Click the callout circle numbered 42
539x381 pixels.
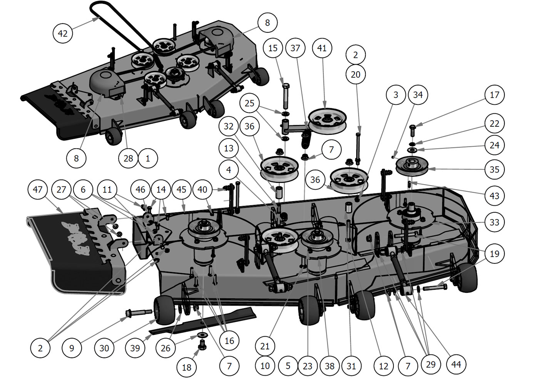[x=62, y=34]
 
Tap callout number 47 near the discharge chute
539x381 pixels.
[x=37, y=190]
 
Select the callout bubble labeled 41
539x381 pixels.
[x=322, y=48]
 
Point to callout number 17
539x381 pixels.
[x=494, y=95]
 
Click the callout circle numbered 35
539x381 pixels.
[x=494, y=169]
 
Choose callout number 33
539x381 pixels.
[x=494, y=222]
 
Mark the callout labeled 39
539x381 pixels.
[x=135, y=348]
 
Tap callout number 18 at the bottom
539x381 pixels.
[x=186, y=367]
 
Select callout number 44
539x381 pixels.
[x=456, y=364]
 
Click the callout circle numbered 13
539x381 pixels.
[x=229, y=148]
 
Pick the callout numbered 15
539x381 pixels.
[x=273, y=48]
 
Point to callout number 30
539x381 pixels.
[x=104, y=348]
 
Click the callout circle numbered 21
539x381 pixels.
[x=264, y=346]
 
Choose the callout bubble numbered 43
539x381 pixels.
[x=494, y=196]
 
